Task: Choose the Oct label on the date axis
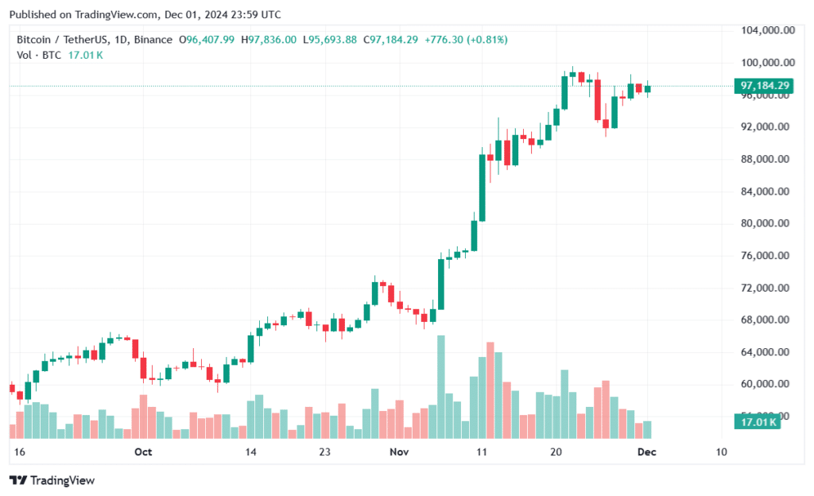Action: [143, 451]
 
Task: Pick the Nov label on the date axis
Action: [399, 451]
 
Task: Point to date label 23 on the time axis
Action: [325, 451]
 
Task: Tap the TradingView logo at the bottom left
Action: [52, 480]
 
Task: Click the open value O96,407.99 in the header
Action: [207, 40]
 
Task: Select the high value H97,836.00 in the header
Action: [269, 40]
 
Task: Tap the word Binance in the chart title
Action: [153, 40]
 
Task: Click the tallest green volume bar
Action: [440, 387]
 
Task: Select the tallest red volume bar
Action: [490, 390]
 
